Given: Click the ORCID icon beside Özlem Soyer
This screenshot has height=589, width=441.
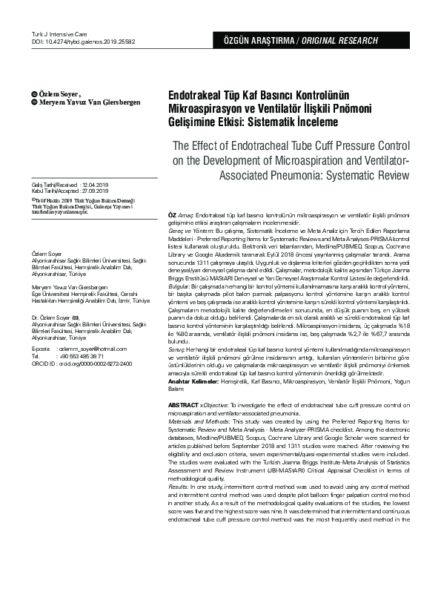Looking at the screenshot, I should pyautogui.click(x=33, y=94).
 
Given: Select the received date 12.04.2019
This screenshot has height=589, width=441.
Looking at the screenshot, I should pyautogui.click(x=96, y=184).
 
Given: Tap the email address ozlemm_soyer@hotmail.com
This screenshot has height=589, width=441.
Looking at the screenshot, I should pyautogui.click(x=95, y=349).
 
